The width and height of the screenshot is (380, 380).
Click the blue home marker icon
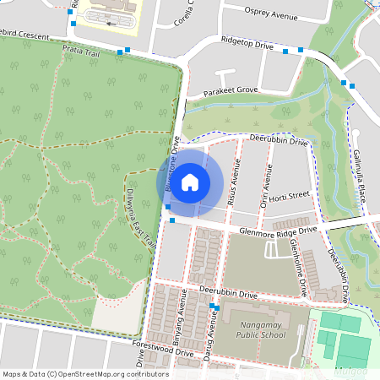(190, 182)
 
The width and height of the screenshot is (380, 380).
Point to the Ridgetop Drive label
(247, 43)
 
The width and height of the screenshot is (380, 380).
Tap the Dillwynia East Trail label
(142, 216)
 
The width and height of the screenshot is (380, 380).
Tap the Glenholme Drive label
(297, 266)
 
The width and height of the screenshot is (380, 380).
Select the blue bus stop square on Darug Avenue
(217, 307)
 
